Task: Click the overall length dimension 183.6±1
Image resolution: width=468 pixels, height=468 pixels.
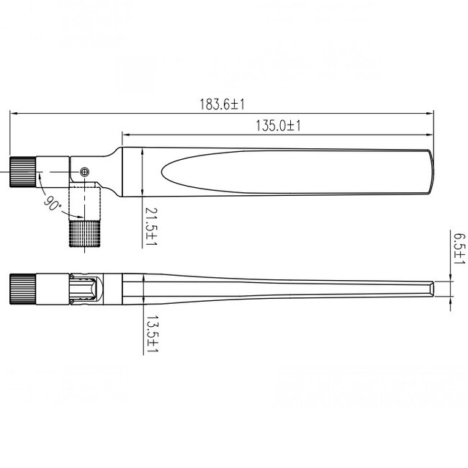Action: pyautogui.click(x=222, y=104)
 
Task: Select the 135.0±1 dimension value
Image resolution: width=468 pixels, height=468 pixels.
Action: pyautogui.click(x=278, y=126)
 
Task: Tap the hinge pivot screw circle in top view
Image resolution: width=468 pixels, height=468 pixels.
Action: pyautogui.click(x=86, y=171)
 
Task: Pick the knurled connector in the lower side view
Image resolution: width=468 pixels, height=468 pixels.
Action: pyautogui.click(x=22, y=289)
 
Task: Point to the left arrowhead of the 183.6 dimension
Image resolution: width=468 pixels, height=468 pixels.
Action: pyautogui.click(x=12, y=112)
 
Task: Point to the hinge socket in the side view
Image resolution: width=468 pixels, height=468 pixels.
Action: pyautogui.click(x=85, y=290)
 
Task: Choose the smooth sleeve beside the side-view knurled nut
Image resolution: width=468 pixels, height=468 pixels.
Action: pyautogui.click(x=51, y=289)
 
